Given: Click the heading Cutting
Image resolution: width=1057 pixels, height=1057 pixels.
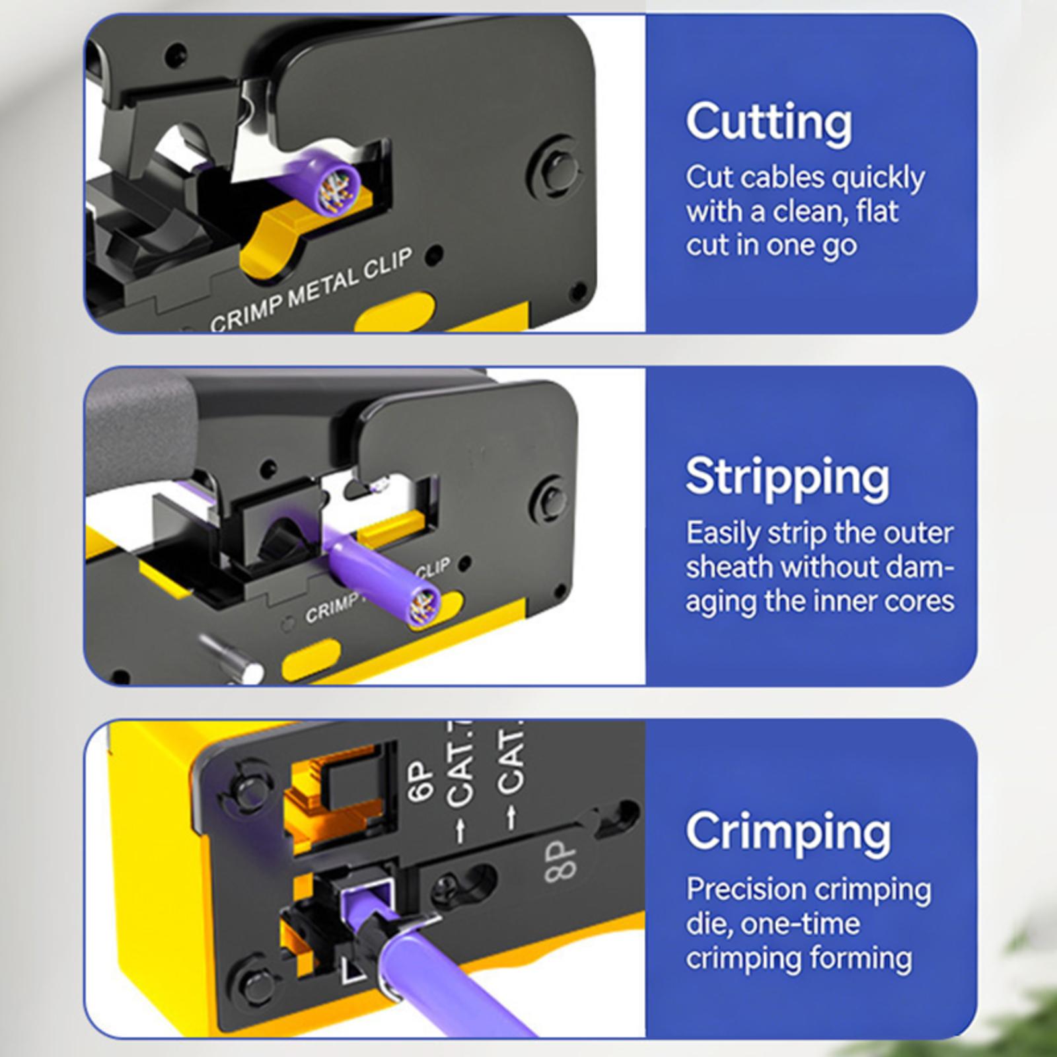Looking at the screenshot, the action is [x=769, y=122].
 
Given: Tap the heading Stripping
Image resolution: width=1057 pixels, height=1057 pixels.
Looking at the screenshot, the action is [x=787, y=477].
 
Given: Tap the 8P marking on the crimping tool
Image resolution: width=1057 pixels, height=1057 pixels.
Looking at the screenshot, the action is [x=562, y=861].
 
